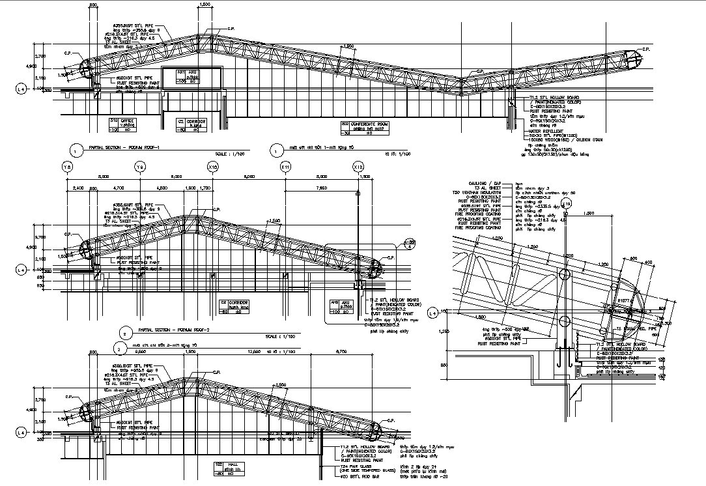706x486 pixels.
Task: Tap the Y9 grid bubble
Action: (x=140, y=167)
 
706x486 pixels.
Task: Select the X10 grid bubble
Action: (x=213, y=167)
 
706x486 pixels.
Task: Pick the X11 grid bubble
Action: (x=285, y=167)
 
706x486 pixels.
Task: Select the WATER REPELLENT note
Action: (x=544, y=131)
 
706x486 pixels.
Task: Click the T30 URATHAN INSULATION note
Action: (x=480, y=193)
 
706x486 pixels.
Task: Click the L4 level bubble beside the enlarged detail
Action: (x=432, y=313)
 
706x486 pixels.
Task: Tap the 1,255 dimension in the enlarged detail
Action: (x=445, y=332)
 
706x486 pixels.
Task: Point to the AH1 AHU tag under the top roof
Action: (x=187, y=76)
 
